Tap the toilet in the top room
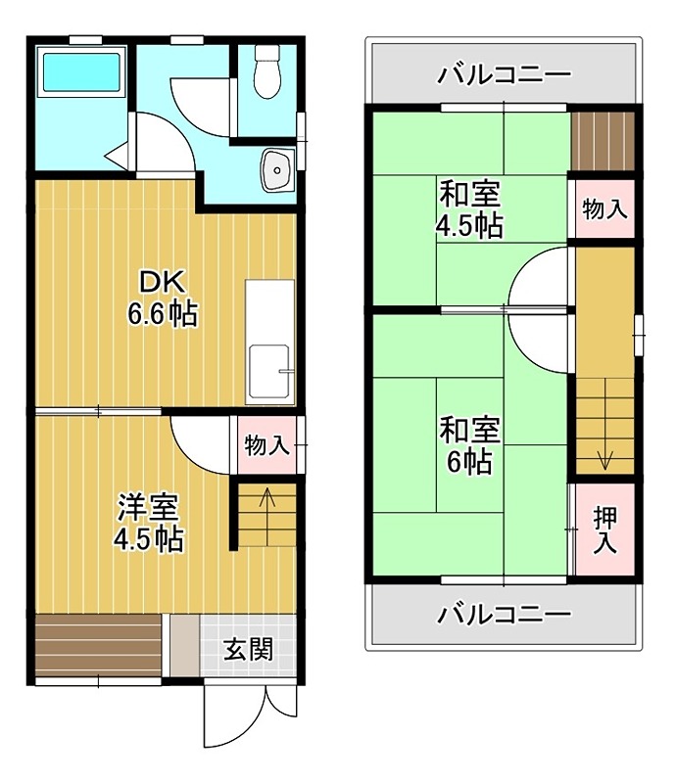pos(264,73)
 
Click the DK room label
pos(162,283)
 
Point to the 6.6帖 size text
pos(162,314)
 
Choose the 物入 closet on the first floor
pos(266,446)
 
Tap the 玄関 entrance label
pos(247,649)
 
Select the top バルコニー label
pos(504,74)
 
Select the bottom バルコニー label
pos(504,615)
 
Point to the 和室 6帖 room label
pos(469,445)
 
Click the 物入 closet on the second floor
pos(604,209)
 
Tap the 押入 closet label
pos(604,530)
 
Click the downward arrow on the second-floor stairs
pos(604,456)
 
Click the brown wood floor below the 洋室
pos(97,646)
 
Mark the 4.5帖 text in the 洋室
pos(148,539)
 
